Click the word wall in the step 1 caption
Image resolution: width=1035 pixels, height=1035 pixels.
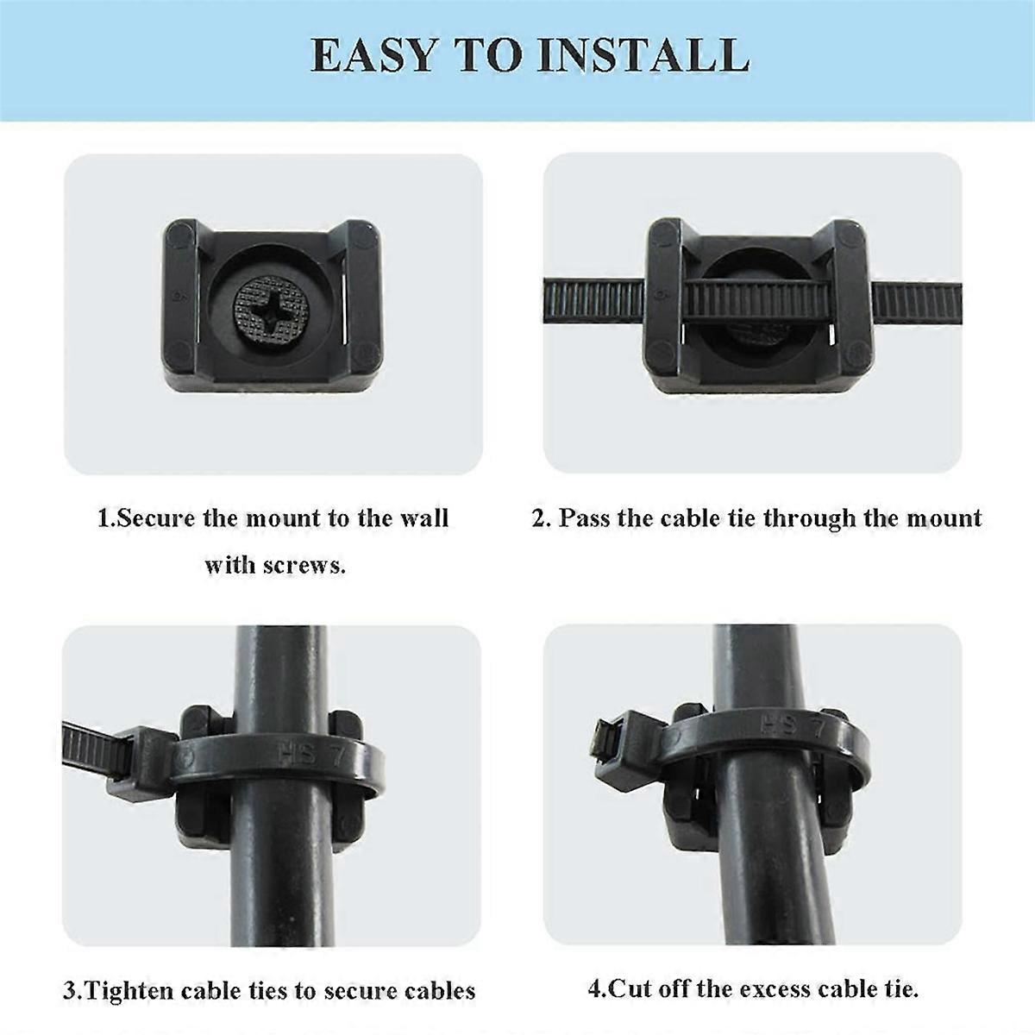424,518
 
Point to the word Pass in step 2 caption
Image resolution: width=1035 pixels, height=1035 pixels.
581,518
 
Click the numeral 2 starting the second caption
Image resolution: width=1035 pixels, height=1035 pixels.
540,518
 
